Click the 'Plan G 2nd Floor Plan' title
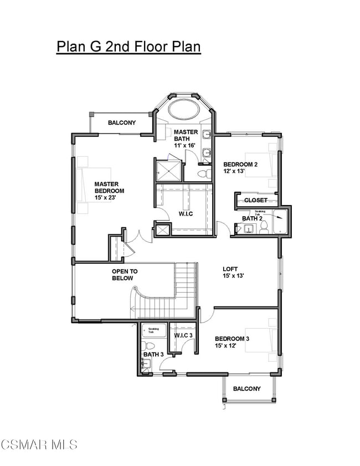point(128,46)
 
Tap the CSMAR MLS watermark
point(39,444)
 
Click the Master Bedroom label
point(109,187)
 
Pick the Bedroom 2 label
point(240,164)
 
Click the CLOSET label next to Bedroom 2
point(256,200)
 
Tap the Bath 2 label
point(251,218)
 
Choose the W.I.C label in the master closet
point(185,214)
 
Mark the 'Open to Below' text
point(125,275)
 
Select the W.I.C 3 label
point(183,336)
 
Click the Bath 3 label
point(152,354)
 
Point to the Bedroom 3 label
point(232,339)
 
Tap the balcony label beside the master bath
point(122,122)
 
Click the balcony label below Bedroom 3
point(246,388)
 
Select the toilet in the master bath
point(203,174)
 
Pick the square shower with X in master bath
point(168,171)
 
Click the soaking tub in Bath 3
point(153,331)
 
